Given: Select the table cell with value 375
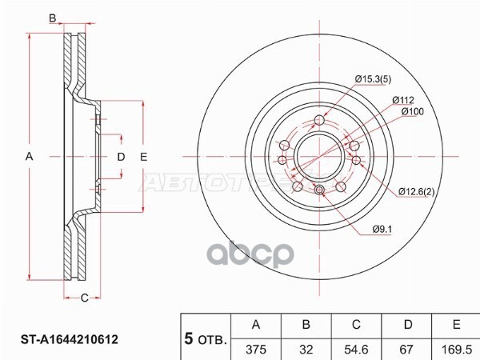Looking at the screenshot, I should (x=256, y=348).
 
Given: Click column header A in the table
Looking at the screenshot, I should (x=256, y=325).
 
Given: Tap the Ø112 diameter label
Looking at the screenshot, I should (x=402, y=100).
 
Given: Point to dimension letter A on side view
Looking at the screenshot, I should (x=30, y=158).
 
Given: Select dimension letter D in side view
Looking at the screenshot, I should (x=121, y=158).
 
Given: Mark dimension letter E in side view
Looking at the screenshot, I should (x=144, y=158).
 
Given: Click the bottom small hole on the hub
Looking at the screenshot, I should (x=319, y=190).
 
